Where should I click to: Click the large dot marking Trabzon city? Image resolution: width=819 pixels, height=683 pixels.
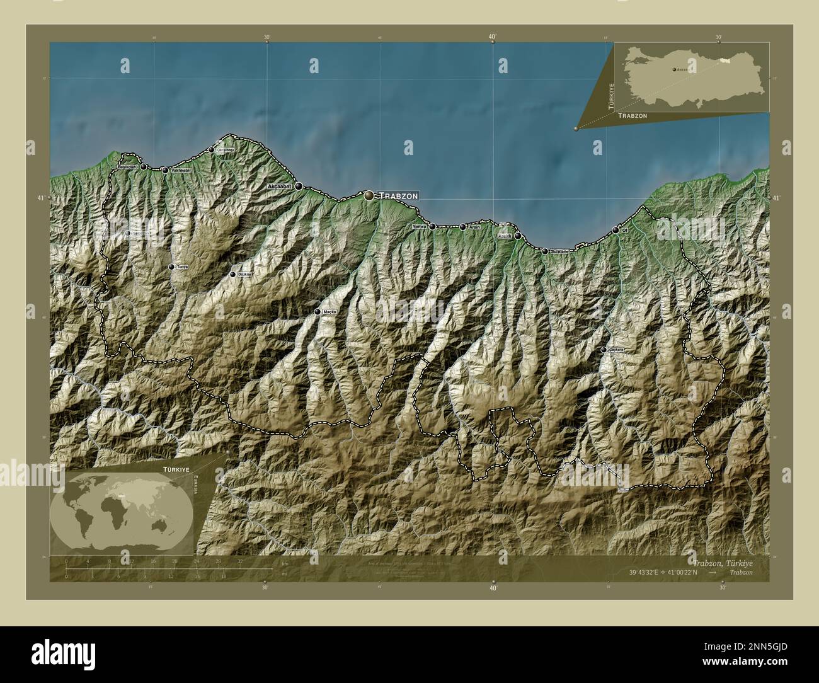click(x=369, y=196)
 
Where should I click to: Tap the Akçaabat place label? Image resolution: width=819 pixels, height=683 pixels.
click(x=280, y=187)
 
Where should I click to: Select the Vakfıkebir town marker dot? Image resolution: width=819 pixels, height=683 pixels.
click(x=165, y=170)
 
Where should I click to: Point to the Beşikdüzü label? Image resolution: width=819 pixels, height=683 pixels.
click(x=129, y=166)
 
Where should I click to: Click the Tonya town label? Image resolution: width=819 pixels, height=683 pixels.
click(x=182, y=267)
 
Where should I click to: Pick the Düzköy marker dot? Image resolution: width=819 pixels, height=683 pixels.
click(x=232, y=275)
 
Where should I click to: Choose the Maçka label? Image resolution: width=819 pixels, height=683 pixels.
click(x=329, y=312)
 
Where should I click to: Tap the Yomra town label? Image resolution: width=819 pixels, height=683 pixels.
click(x=419, y=226)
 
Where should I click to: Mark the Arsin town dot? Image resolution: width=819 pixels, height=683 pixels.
click(x=462, y=227)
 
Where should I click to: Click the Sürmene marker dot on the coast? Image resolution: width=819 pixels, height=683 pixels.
click(x=545, y=251)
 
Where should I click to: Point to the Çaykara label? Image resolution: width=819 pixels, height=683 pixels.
click(x=616, y=350)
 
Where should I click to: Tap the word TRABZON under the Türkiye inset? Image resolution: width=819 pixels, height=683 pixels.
click(x=633, y=117)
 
